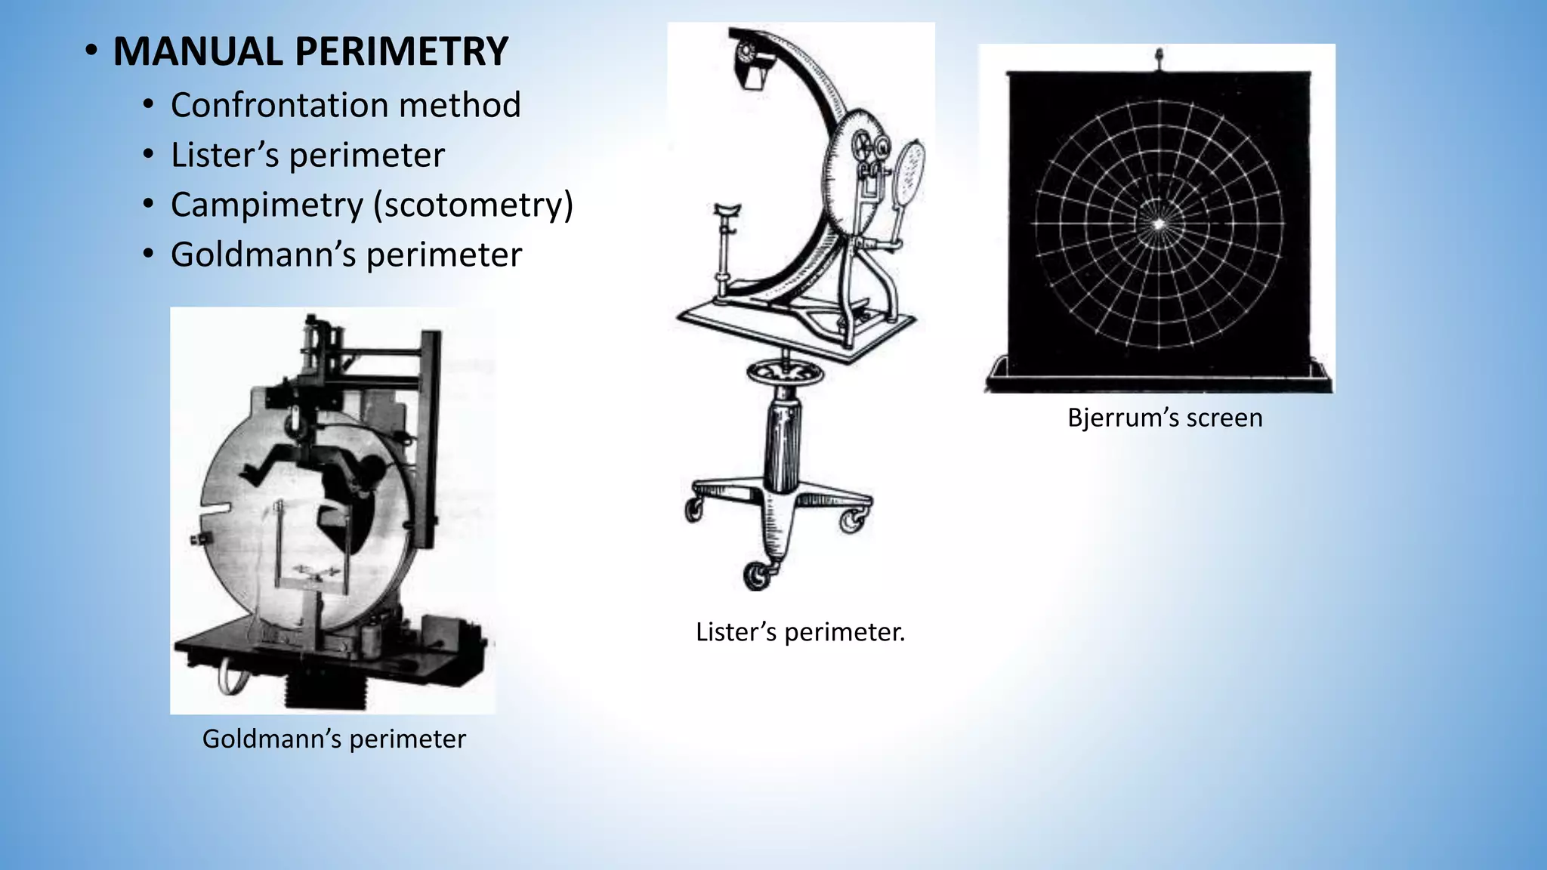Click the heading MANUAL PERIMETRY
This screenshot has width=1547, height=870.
[x=310, y=51]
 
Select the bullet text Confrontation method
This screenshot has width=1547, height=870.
[x=345, y=105]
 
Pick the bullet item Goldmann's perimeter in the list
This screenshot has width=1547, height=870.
[x=346, y=255]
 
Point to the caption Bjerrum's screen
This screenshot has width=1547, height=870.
[x=1165, y=418]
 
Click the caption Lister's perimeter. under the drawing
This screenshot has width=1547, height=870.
[x=800, y=631]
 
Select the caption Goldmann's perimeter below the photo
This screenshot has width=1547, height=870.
[x=334, y=739]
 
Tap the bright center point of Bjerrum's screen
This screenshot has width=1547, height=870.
[x=1159, y=223]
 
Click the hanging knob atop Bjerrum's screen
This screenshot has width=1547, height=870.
[x=1159, y=57]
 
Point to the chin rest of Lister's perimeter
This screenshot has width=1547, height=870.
[x=726, y=209]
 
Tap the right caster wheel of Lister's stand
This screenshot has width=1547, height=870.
[x=854, y=520]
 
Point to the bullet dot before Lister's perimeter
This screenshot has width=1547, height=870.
[x=149, y=155]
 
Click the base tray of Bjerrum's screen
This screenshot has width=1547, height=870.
[x=1159, y=375]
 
